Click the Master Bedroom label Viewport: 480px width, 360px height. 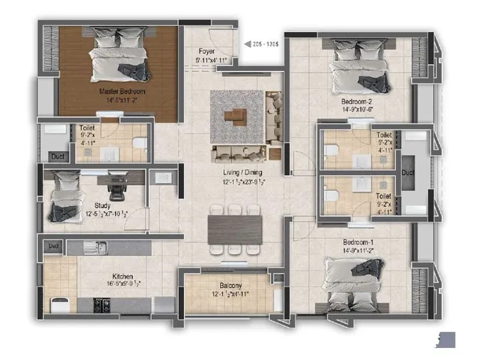click(122, 91)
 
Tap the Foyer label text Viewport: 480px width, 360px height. click(207, 52)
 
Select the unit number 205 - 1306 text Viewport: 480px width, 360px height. click(264, 43)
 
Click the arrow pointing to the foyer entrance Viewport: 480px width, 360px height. click(247, 43)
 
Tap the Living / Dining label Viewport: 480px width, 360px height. click(242, 172)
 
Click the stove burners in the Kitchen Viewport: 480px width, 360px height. click(101, 304)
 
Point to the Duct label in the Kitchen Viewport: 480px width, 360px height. click(54, 245)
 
